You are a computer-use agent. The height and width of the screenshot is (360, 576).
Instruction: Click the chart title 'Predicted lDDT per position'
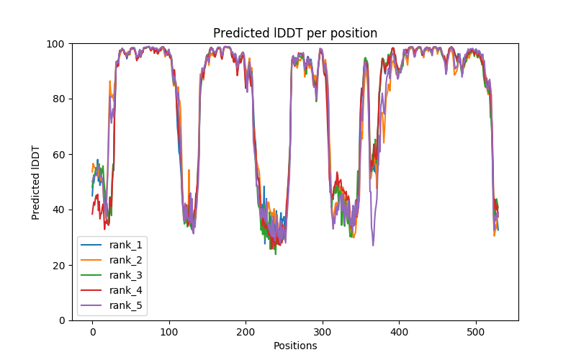(294, 33)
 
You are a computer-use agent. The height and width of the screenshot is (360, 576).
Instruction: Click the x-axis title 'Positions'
(294, 346)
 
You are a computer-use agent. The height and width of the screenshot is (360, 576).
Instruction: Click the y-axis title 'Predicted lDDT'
(36, 182)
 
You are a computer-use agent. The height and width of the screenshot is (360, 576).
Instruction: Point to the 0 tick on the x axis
(92, 331)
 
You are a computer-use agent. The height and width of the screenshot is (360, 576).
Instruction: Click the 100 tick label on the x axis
(169, 331)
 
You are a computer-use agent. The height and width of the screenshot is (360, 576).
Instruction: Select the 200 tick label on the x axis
(246, 331)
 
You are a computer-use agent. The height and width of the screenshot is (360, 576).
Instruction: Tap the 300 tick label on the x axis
(323, 331)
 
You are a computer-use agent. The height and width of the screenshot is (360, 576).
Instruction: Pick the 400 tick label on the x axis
(399, 331)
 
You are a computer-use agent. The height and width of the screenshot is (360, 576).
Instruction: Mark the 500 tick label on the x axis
(476, 331)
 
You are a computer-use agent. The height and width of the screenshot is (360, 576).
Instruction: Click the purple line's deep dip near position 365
(373, 245)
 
